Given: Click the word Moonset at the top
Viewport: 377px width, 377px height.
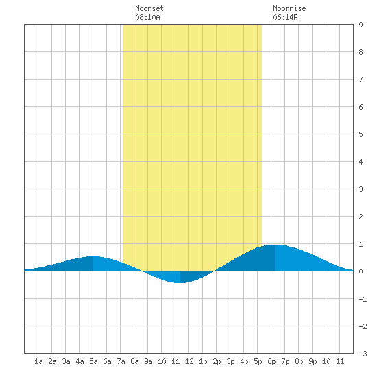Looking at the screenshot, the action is tap(149, 8).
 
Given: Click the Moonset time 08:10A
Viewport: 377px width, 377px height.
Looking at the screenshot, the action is tap(147, 17).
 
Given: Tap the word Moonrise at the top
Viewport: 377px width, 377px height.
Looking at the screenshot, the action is tap(289, 8).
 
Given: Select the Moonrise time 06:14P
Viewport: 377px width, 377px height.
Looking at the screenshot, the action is tap(285, 17).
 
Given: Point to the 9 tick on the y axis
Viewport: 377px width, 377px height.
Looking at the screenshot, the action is tap(361, 25).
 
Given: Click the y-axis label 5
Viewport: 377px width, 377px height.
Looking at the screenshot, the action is tap(361, 134).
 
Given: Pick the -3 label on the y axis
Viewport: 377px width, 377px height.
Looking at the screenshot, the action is tap(363, 354).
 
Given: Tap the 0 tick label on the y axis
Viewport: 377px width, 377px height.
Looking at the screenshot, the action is tap(361, 271).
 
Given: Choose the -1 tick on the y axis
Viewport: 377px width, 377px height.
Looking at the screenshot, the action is tap(363, 299).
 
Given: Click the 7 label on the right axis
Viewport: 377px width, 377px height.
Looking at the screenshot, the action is tap(361, 80).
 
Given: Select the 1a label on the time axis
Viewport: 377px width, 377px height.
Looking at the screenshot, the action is tap(38, 361).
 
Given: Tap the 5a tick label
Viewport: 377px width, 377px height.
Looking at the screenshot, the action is tap(93, 361).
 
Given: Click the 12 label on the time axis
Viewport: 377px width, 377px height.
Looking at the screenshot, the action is tap(189, 361).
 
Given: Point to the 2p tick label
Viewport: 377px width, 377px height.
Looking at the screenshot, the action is tap(217, 361).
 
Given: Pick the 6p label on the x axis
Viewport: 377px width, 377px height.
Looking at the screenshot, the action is tap(271, 361).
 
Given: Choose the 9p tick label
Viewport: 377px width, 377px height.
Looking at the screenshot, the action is tap(313, 361).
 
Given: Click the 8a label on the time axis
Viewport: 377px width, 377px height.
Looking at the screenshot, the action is tap(134, 361).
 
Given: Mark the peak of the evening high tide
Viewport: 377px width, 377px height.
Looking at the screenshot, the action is tap(275, 245).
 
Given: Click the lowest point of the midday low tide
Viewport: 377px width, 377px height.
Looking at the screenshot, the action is tap(180, 282).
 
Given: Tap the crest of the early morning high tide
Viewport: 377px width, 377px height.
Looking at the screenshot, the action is tap(93, 256).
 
